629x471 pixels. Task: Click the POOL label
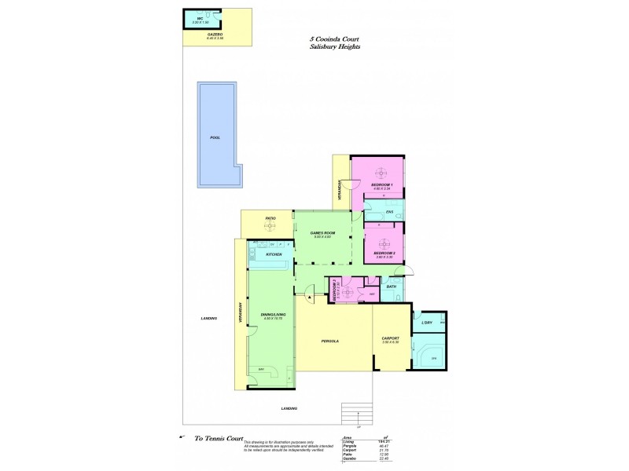pyautogui.click(x=215, y=137)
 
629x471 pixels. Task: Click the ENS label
pyautogui.click(x=389, y=211)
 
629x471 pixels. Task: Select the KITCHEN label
pyautogui.click(x=274, y=254)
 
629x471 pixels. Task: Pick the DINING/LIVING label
pyautogui.click(x=273, y=314)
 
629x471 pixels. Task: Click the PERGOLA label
pyautogui.click(x=329, y=341)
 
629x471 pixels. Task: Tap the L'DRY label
pyautogui.click(x=427, y=323)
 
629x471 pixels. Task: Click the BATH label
pyautogui.click(x=392, y=287)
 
